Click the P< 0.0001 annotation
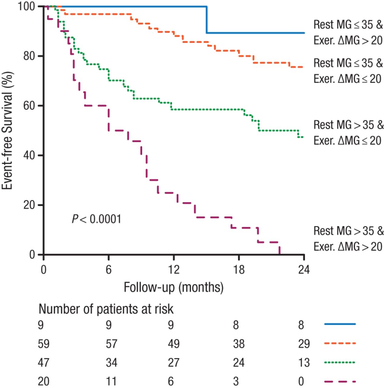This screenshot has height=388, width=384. point(96,219)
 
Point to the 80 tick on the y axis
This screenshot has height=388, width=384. point(29,56)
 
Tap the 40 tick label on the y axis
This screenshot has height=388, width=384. point(29,156)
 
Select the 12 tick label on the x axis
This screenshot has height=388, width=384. point(173,269)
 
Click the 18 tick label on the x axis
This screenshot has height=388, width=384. point(239,269)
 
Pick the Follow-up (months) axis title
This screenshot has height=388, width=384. point(173,287)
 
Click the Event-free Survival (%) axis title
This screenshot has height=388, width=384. point(7,131)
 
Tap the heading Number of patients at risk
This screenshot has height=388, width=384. point(106,309)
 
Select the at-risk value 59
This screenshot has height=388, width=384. point(44,344)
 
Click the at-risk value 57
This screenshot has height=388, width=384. point(111,344)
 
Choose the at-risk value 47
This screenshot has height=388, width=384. point(44,363)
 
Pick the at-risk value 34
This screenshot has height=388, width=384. point(111,363)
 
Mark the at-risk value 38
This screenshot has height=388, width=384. point(239,344)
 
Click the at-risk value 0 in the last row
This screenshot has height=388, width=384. point(301,381)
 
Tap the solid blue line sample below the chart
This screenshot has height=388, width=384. point(340,324)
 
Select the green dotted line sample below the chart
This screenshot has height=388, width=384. point(340,362)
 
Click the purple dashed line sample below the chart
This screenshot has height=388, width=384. point(340,381)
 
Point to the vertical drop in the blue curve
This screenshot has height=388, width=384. point(207,20)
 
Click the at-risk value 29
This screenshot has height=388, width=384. point(304,344)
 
